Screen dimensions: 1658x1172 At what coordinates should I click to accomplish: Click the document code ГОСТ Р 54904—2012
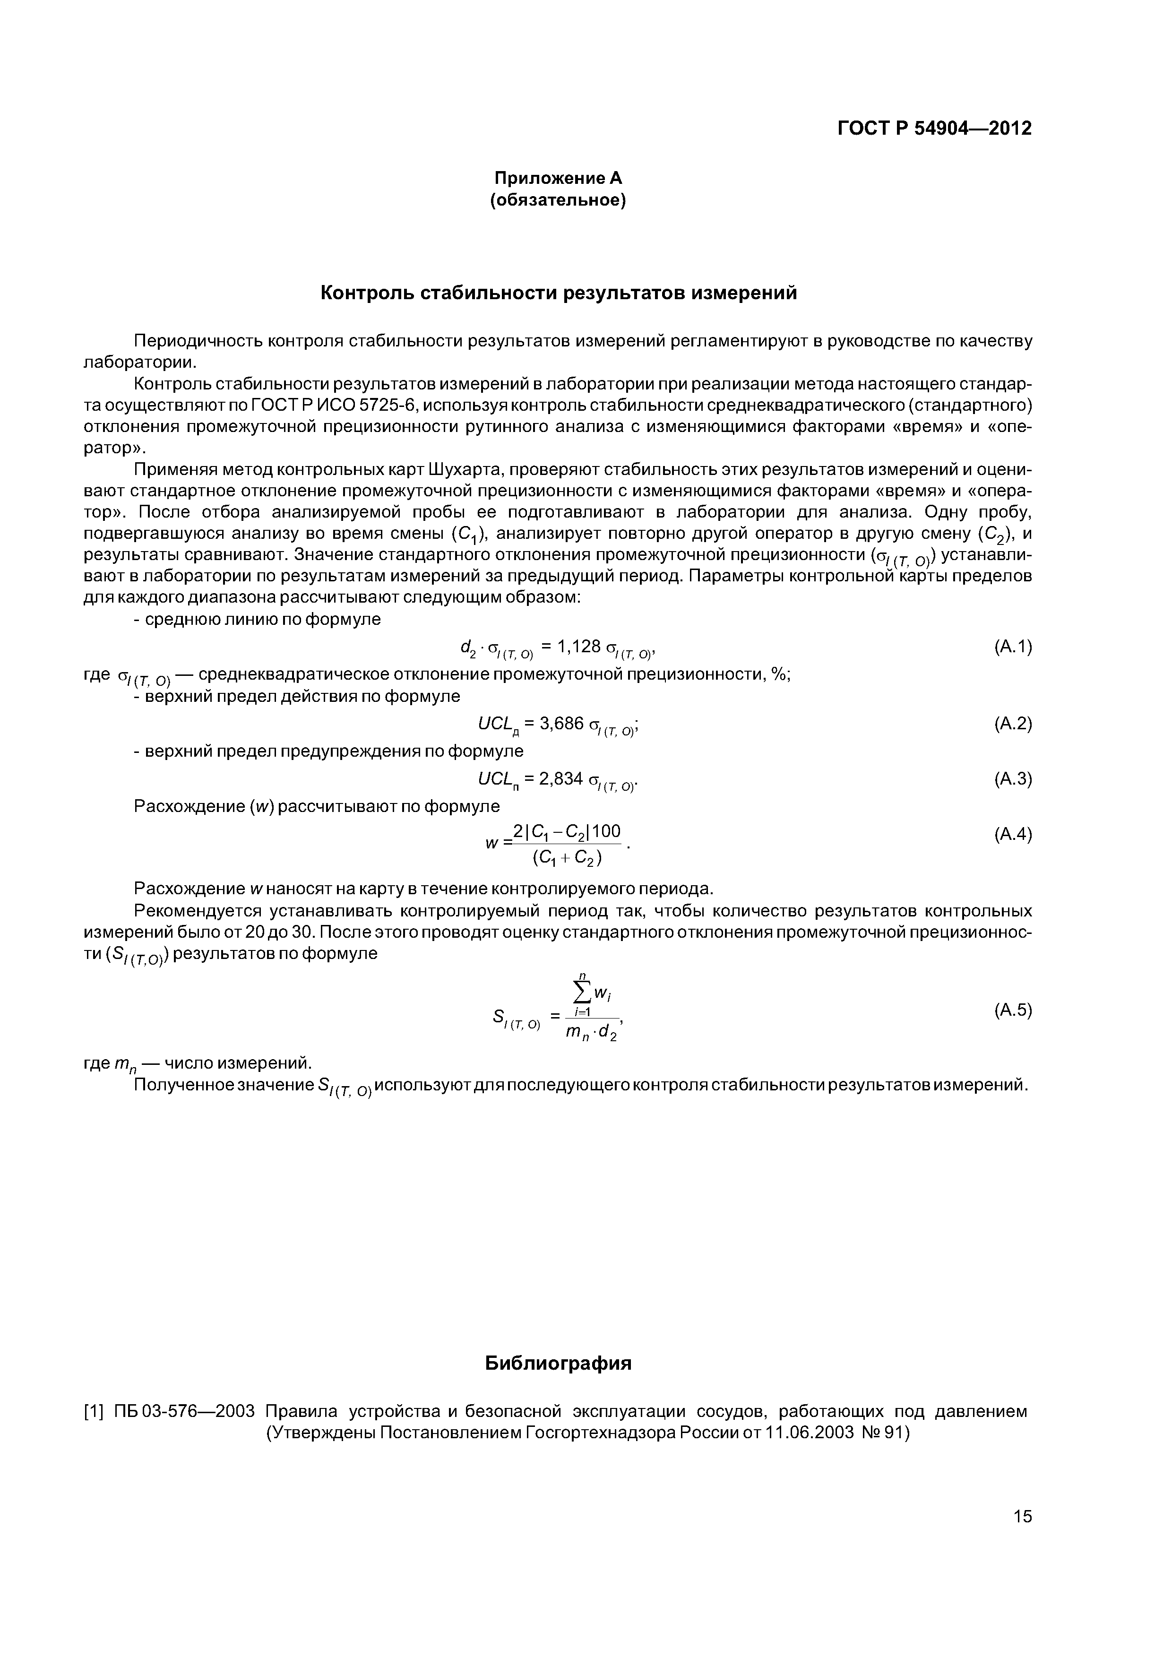point(934,129)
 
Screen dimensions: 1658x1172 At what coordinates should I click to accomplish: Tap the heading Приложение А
point(558,178)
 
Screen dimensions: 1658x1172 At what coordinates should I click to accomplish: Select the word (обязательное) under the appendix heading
point(558,200)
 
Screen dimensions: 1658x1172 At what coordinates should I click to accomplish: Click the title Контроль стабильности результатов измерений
point(558,293)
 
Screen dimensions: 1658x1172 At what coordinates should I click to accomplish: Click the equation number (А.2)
point(1012,724)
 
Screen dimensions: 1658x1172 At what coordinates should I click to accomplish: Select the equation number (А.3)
point(1012,778)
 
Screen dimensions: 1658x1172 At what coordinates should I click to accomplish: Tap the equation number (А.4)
point(1012,835)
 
